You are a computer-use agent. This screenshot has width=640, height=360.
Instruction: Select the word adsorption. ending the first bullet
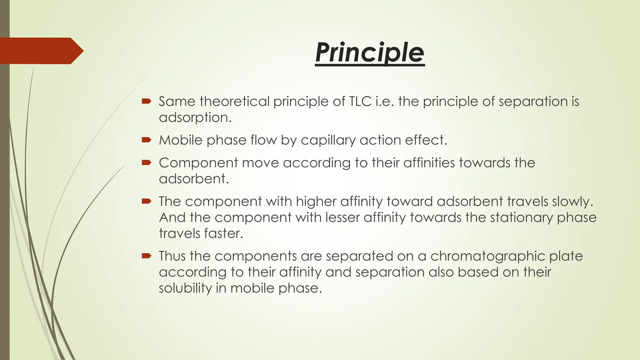tap(195, 118)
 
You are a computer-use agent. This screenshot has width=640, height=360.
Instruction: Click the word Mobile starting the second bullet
tap(181, 140)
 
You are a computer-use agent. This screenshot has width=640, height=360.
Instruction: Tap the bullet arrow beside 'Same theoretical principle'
tap(146, 101)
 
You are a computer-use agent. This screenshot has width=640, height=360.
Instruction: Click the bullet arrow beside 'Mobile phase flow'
tap(146, 140)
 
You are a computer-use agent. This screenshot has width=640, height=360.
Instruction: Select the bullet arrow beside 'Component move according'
tap(146, 162)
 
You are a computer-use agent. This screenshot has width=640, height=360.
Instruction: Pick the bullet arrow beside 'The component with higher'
tap(146, 201)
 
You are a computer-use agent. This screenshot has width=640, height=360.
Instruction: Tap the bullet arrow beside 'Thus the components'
tap(146, 256)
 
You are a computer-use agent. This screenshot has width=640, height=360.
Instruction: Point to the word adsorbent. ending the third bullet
tap(194, 179)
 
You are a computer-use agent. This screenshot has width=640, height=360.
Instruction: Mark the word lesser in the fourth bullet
tap(342, 217)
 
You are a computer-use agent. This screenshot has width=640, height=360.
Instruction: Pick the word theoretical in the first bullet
tap(234, 102)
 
